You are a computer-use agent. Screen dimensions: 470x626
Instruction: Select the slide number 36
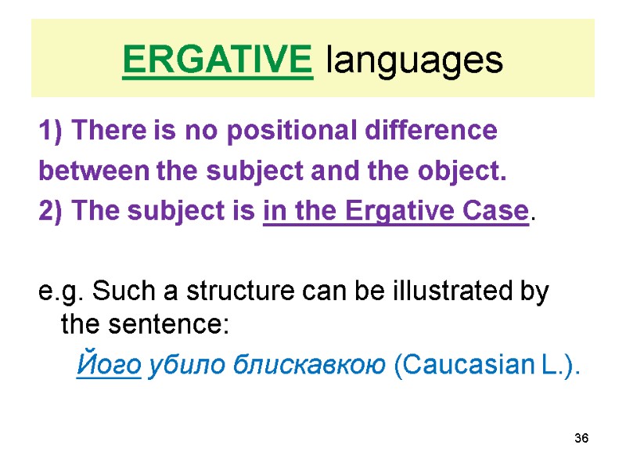click(x=581, y=437)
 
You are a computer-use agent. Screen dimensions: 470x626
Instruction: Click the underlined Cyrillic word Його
click(x=109, y=364)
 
